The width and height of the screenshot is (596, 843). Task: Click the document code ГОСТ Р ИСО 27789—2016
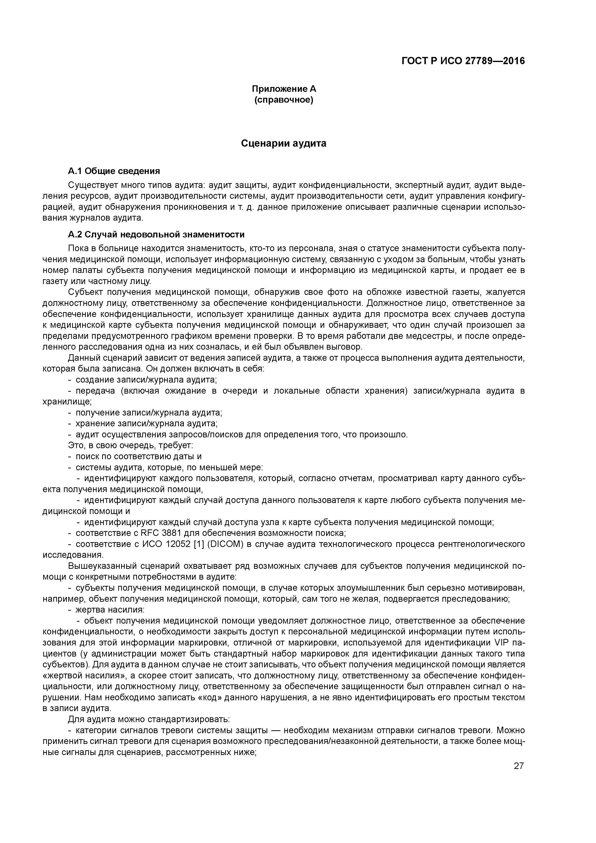(x=463, y=61)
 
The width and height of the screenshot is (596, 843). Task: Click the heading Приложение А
(x=284, y=89)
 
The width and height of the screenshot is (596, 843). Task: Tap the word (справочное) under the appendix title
(x=284, y=100)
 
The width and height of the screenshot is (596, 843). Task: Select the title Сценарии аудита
(x=284, y=143)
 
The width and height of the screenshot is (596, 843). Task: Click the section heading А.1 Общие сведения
(x=114, y=171)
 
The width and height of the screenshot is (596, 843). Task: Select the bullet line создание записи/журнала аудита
(x=146, y=380)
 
